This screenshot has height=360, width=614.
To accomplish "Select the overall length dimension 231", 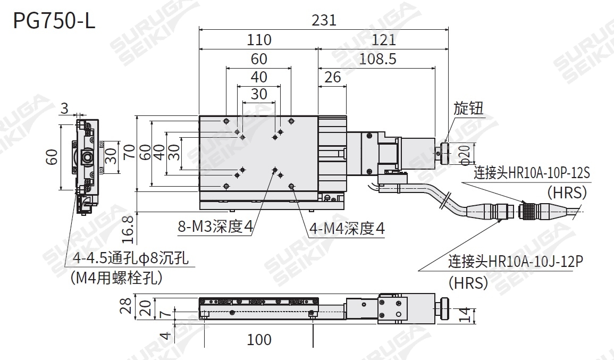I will pos(324,20).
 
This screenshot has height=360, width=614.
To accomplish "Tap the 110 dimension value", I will pos(259,40).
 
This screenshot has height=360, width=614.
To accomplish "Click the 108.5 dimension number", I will pos(377,58).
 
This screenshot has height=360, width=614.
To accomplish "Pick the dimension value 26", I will pos(332,78).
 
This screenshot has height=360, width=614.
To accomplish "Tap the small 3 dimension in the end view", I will pos(64,108).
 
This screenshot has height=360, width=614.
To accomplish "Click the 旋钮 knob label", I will pos(468,109).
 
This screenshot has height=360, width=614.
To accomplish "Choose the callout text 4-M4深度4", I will pos(347,229).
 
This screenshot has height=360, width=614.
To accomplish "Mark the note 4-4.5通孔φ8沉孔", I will pos(131,259).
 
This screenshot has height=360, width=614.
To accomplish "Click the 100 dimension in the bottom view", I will pos(259,339).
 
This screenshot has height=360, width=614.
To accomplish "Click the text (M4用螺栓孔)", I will pos(116,278).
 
